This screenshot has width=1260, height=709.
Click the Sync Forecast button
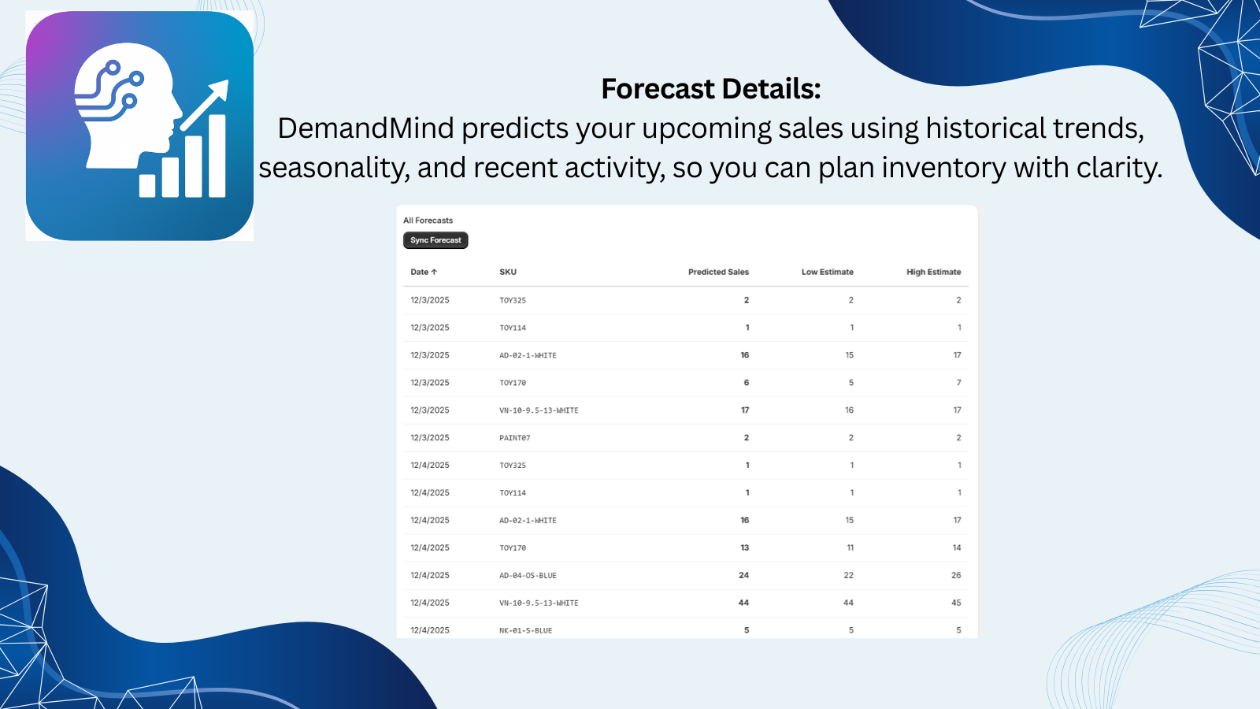point(435,240)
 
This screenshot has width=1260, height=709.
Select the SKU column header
point(508,272)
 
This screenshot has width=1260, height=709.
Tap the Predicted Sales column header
point(718,272)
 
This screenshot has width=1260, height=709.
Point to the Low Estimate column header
point(827,272)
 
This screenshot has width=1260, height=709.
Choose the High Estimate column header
point(933,272)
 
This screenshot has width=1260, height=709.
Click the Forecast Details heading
point(710,89)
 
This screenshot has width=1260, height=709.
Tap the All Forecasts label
point(428,221)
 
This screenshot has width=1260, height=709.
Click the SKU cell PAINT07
point(514,438)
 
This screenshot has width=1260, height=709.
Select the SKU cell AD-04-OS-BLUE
point(528,576)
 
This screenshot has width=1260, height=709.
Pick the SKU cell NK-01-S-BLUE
point(525,630)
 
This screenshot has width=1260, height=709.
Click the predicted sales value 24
point(743,575)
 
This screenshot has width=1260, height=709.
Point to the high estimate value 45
point(956,603)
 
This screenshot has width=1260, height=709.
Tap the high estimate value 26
point(956,575)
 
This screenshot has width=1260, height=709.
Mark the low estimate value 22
point(848,575)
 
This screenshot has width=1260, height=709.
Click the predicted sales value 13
point(744,548)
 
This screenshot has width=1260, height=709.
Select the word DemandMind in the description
point(365,128)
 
